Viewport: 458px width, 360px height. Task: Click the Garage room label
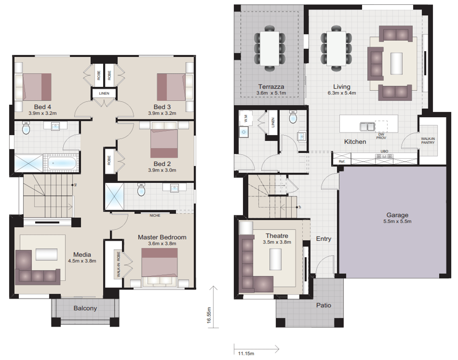397,215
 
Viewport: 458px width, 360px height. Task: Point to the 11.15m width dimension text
246,353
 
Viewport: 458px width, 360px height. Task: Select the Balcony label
85,308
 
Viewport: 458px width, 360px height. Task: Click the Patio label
324,305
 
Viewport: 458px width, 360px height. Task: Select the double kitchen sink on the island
367,126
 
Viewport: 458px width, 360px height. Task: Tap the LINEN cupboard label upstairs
104,94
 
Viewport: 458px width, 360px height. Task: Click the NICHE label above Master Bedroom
155,215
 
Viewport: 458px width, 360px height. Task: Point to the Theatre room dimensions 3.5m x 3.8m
277,242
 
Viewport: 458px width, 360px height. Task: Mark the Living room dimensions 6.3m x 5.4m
342,93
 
